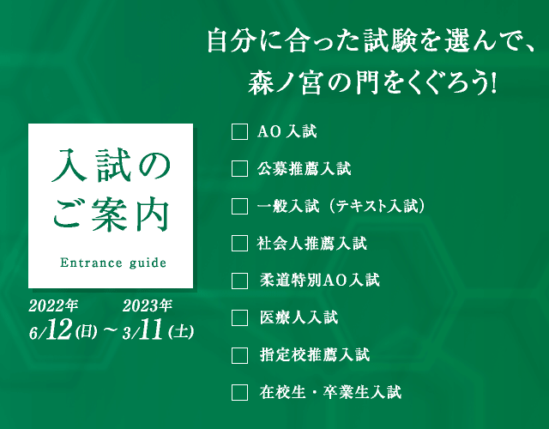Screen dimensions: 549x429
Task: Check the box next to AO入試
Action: (x=240, y=131)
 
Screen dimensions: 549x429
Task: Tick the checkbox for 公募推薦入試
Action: (x=240, y=169)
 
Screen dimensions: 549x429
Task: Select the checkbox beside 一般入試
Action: (x=240, y=206)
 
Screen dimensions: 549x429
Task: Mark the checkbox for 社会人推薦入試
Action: (x=240, y=243)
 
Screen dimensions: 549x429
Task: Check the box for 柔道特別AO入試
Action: (x=240, y=281)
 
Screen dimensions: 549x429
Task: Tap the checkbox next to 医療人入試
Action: (x=240, y=317)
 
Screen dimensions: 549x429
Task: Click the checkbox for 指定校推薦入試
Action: (x=240, y=355)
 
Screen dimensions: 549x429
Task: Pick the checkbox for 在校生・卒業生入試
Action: (x=240, y=392)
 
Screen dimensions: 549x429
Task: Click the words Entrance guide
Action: (x=113, y=263)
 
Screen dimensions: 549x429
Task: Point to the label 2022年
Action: (x=53, y=305)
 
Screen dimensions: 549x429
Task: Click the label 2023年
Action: (x=147, y=305)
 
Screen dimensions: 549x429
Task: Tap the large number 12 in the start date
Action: (x=59, y=329)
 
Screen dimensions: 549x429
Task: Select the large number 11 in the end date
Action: (x=151, y=329)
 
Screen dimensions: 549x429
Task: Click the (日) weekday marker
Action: (x=86, y=332)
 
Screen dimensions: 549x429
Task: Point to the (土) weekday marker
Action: (x=181, y=332)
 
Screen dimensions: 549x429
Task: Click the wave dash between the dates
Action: (x=110, y=331)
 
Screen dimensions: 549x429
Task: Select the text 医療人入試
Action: (x=299, y=317)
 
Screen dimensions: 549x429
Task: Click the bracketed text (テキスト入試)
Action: (x=377, y=206)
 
